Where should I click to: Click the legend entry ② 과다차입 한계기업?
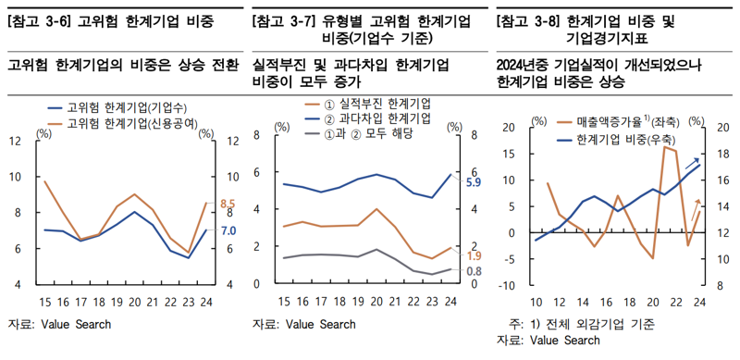(x=373, y=118)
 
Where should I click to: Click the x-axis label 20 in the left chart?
(x=135, y=301)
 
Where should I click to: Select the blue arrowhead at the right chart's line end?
(x=697, y=160)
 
